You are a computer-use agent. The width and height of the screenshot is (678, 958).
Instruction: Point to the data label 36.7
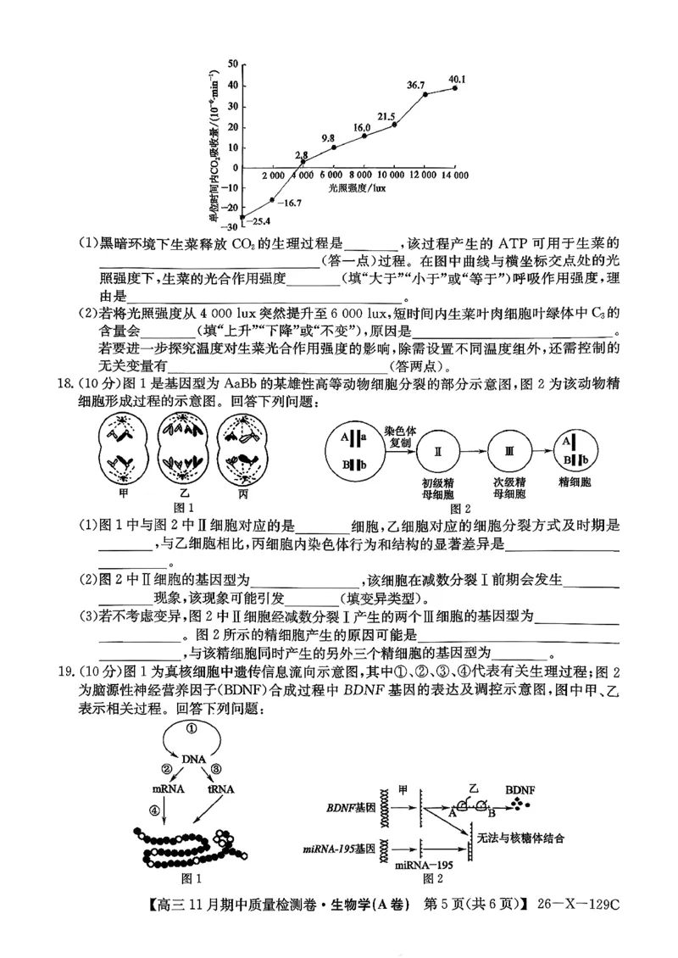pyautogui.click(x=415, y=85)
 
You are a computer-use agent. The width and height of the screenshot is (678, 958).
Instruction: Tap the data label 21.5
pyautogui.click(x=386, y=116)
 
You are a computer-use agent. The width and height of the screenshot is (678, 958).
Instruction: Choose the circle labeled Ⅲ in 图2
pyautogui.click(x=508, y=453)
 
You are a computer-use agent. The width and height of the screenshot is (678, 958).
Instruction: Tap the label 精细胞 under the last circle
pyautogui.click(x=575, y=482)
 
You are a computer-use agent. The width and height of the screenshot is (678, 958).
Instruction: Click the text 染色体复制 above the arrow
pyautogui.click(x=397, y=436)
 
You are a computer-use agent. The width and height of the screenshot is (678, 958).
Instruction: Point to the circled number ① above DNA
pyautogui.click(x=192, y=727)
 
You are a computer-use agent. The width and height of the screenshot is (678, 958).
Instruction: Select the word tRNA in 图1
pyautogui.click(x=221, y=788)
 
